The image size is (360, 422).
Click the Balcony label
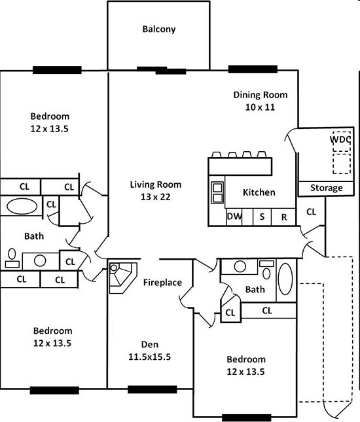(159, 29)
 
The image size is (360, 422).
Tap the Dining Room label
(261, 95)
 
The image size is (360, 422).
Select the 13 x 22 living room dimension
(156, 197)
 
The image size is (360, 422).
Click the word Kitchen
(259, 192)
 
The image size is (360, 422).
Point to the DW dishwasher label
(234, 217)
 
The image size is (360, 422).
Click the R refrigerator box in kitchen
(283, 217)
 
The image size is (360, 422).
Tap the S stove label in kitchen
(262, 217)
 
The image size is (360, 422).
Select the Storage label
(327, 188)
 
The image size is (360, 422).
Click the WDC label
(340, 139)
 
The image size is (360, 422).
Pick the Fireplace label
(162, 283)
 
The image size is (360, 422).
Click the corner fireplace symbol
(123, 277)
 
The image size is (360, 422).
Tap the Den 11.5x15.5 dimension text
(149, 357)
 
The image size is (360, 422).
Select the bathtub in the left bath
(22, 207)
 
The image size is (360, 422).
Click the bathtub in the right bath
(285, 279)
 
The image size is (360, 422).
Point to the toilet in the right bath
(266, 270)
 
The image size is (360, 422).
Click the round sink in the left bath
(40, 260)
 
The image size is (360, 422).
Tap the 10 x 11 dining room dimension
(260, 107)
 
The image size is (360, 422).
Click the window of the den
(152, 389)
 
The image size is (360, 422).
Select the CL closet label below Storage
(311, 212)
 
